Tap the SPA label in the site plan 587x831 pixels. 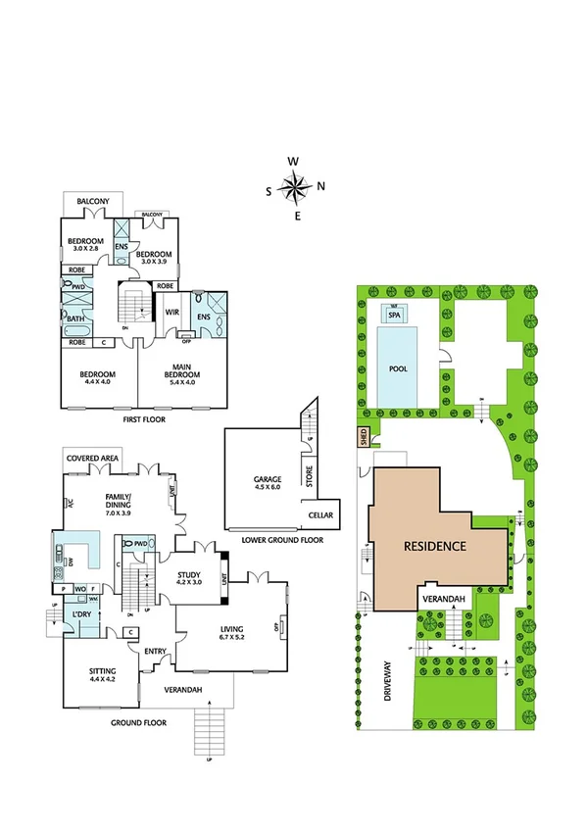pyautogui.click(x=395, y=316)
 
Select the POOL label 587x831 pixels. pyautogui.click(x=396, y=369)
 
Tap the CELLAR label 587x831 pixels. pyautogui.click(x=320, y=514)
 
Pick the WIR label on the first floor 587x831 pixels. pyautogui.click(x=171, y=312)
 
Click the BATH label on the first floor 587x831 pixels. pyautogui.click(x=75, y=318)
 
